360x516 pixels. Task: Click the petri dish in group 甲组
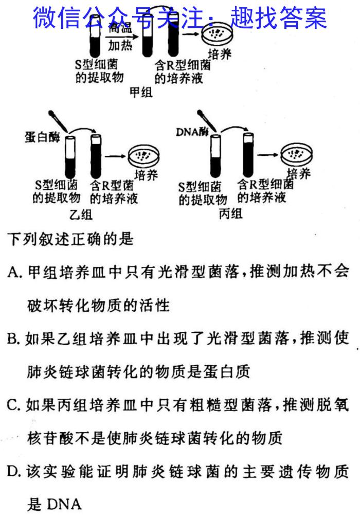pyautogui.click(x=216, y=34)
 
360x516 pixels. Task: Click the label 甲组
pyautogui.click(x=141, y=92)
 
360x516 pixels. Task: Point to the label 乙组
pyautogui.click(x=81, y=215)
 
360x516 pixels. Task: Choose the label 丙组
pyautogui.click(x=230, y=214)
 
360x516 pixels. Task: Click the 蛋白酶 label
pyautogui.click(x=42, y=137)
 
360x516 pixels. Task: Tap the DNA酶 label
pyautogui.click(x=192, y=132)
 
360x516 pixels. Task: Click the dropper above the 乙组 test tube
pyautogui.click(x=58, y=121)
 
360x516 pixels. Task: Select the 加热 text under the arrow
pyautogui.click(x=120, y=45)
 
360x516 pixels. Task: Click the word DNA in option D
pyautogui.click(x=64, y=504)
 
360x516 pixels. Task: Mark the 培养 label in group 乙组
pyautogui.click(x=146, y=175)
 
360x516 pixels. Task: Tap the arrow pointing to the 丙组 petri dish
pyautogui.click(x=267, y=154)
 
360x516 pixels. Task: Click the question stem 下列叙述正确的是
pyautogui.click(x=70, y=239)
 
